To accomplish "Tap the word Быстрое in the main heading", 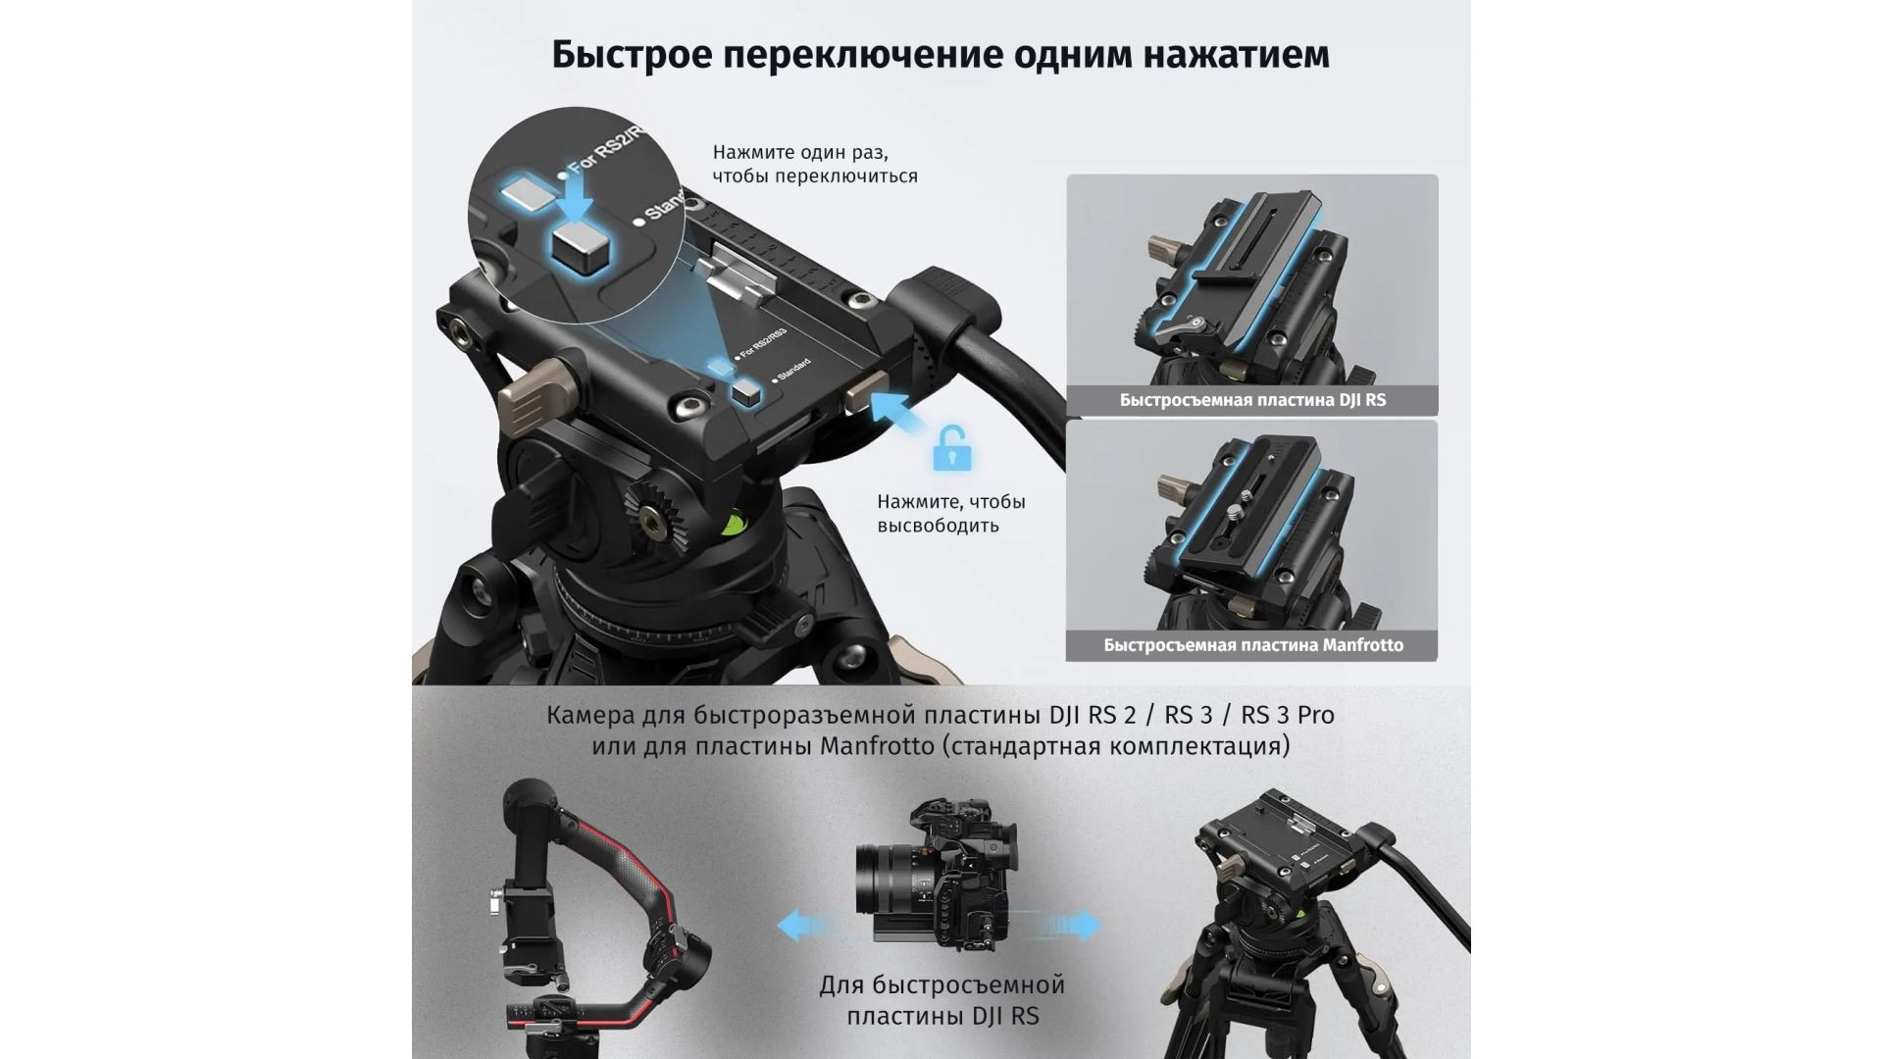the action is pyautogui.click(x=632, y=55).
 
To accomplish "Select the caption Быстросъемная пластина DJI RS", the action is pyautogui.click(x=1252, y=400).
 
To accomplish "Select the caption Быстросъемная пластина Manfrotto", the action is pyautogui.click(x=1252, y=645).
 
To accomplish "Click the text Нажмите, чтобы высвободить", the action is pyautogui.click(x=950, y=514).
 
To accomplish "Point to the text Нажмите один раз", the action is pyautogui.click(x=799, y=153).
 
